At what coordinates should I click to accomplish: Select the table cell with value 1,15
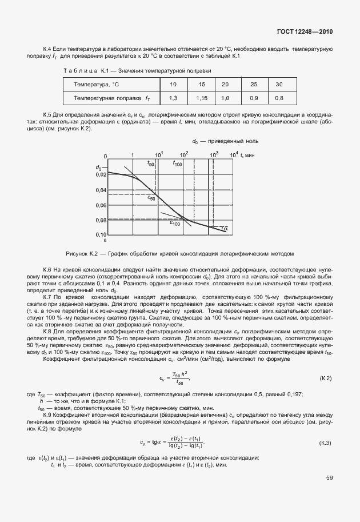coord(201,98)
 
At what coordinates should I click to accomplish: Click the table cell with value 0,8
coord(279,98)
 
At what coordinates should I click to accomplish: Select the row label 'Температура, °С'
coord(96,85)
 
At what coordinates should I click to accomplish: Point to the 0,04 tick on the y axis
coord(100,190)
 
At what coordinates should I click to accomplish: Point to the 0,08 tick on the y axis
coord(100,220)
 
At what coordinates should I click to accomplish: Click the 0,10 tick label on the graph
coord(100,234)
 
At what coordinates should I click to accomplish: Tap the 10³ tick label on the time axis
coord(214,154)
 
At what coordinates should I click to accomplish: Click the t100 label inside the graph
coord(177,164)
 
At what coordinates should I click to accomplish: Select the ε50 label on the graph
coord(151,198)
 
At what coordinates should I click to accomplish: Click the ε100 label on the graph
coord(174,224)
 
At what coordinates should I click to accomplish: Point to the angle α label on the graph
coord(225,229)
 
